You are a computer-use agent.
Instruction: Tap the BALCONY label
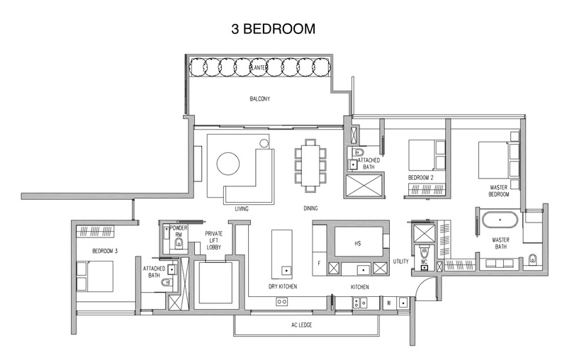pyautogui.click(x=259, y=99)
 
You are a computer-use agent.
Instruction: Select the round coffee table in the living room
pyautogui.click(x=228, y=164)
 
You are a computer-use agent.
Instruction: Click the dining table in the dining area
pyautogui.click(x=310, y=164)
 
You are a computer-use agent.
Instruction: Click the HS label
pyautogui.click(x=358, y=242)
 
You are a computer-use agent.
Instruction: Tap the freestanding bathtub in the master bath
pyautogui.click(x=500, y=221)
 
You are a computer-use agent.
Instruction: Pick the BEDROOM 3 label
pyautogui.click(x=106, y=251)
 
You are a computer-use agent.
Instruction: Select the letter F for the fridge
pyautogui.click(x=320, y=264)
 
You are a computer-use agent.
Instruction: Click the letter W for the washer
pyautogui.click(x=389, y=302)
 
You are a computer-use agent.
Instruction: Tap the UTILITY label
pyautogui.click(x=401, y=261)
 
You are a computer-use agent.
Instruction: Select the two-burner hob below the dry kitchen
pyautogui.click(x=281, y=302)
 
